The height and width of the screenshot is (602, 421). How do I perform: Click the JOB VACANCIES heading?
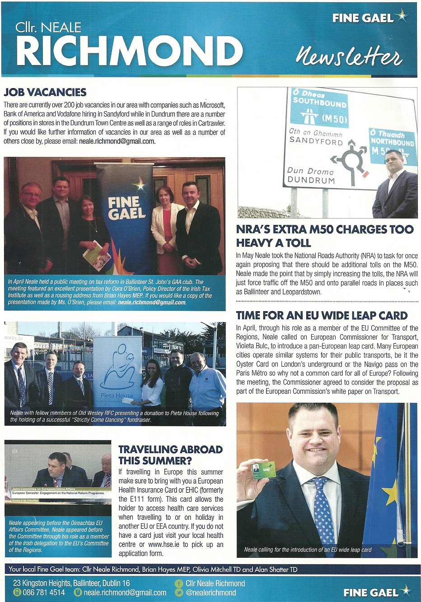[x=45, y=93]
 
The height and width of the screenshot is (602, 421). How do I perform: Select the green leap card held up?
[x=263, y=470]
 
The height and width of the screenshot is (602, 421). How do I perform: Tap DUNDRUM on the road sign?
[x=311, y=180]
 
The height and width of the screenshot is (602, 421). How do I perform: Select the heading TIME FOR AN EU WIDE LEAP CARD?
[x=322, y=315]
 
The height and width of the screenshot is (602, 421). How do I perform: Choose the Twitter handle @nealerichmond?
[x=210, y=593]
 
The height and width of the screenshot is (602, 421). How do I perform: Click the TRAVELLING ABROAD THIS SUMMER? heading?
[x=170, y=455]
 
